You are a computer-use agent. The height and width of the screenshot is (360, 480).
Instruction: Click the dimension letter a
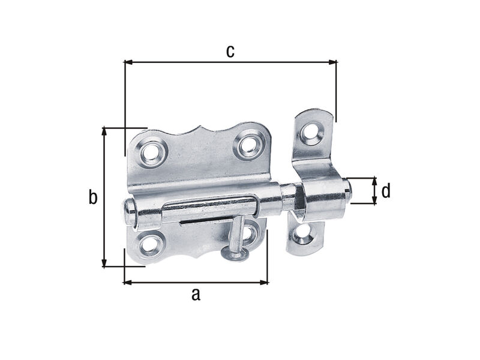[x=196, y=295]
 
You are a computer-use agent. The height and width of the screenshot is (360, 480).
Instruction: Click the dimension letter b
[x=93, y=197]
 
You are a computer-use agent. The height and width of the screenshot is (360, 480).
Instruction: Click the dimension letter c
[x=230, y=52]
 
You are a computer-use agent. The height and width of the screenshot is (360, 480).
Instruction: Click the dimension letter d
[x=386, y=191]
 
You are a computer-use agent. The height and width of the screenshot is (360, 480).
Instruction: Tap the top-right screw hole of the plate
[x=248, y=145]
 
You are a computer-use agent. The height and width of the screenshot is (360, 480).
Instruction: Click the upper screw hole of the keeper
[x=311, y=131]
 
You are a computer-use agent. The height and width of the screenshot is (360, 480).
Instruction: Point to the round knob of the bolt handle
[x=234, y=254]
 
